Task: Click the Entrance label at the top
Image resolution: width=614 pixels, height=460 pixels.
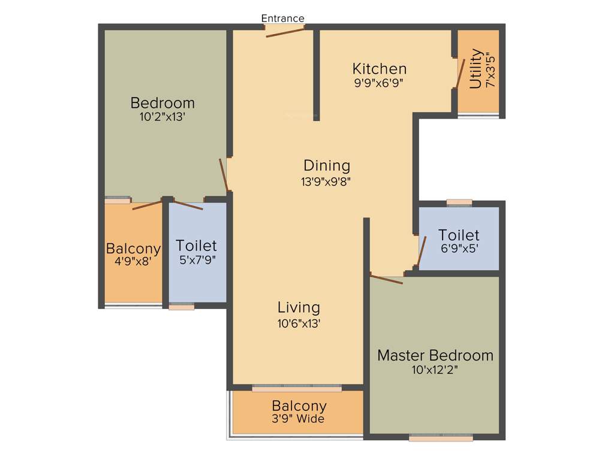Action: (282, 19)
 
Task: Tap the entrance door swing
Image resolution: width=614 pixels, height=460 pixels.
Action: (285, 31)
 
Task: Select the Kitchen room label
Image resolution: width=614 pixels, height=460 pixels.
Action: (379, 68)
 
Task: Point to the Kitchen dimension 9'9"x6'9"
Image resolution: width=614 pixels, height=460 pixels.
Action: (379, 83)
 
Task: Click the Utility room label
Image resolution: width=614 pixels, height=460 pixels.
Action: (475, 69)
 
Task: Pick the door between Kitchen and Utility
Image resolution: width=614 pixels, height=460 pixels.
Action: (460, 72)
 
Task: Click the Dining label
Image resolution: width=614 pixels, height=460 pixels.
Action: (326, 165)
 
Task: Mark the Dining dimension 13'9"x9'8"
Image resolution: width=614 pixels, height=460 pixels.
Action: (326, 181)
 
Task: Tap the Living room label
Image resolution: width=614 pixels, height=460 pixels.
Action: (299, 307)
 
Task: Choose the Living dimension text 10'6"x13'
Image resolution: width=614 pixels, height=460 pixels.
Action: (299, 323)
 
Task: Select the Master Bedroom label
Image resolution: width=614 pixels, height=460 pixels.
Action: (435, 355)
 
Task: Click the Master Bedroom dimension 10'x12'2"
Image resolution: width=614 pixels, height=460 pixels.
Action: (435, 370)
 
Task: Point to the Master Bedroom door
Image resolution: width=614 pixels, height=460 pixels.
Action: (387, 279)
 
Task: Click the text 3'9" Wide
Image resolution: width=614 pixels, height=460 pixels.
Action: (299, 419)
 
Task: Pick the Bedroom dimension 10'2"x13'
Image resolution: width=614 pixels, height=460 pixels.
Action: (162, 117)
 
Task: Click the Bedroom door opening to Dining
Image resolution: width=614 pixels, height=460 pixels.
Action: (224, 175)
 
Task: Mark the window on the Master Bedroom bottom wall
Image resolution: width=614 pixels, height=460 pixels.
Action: (441, 437)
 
